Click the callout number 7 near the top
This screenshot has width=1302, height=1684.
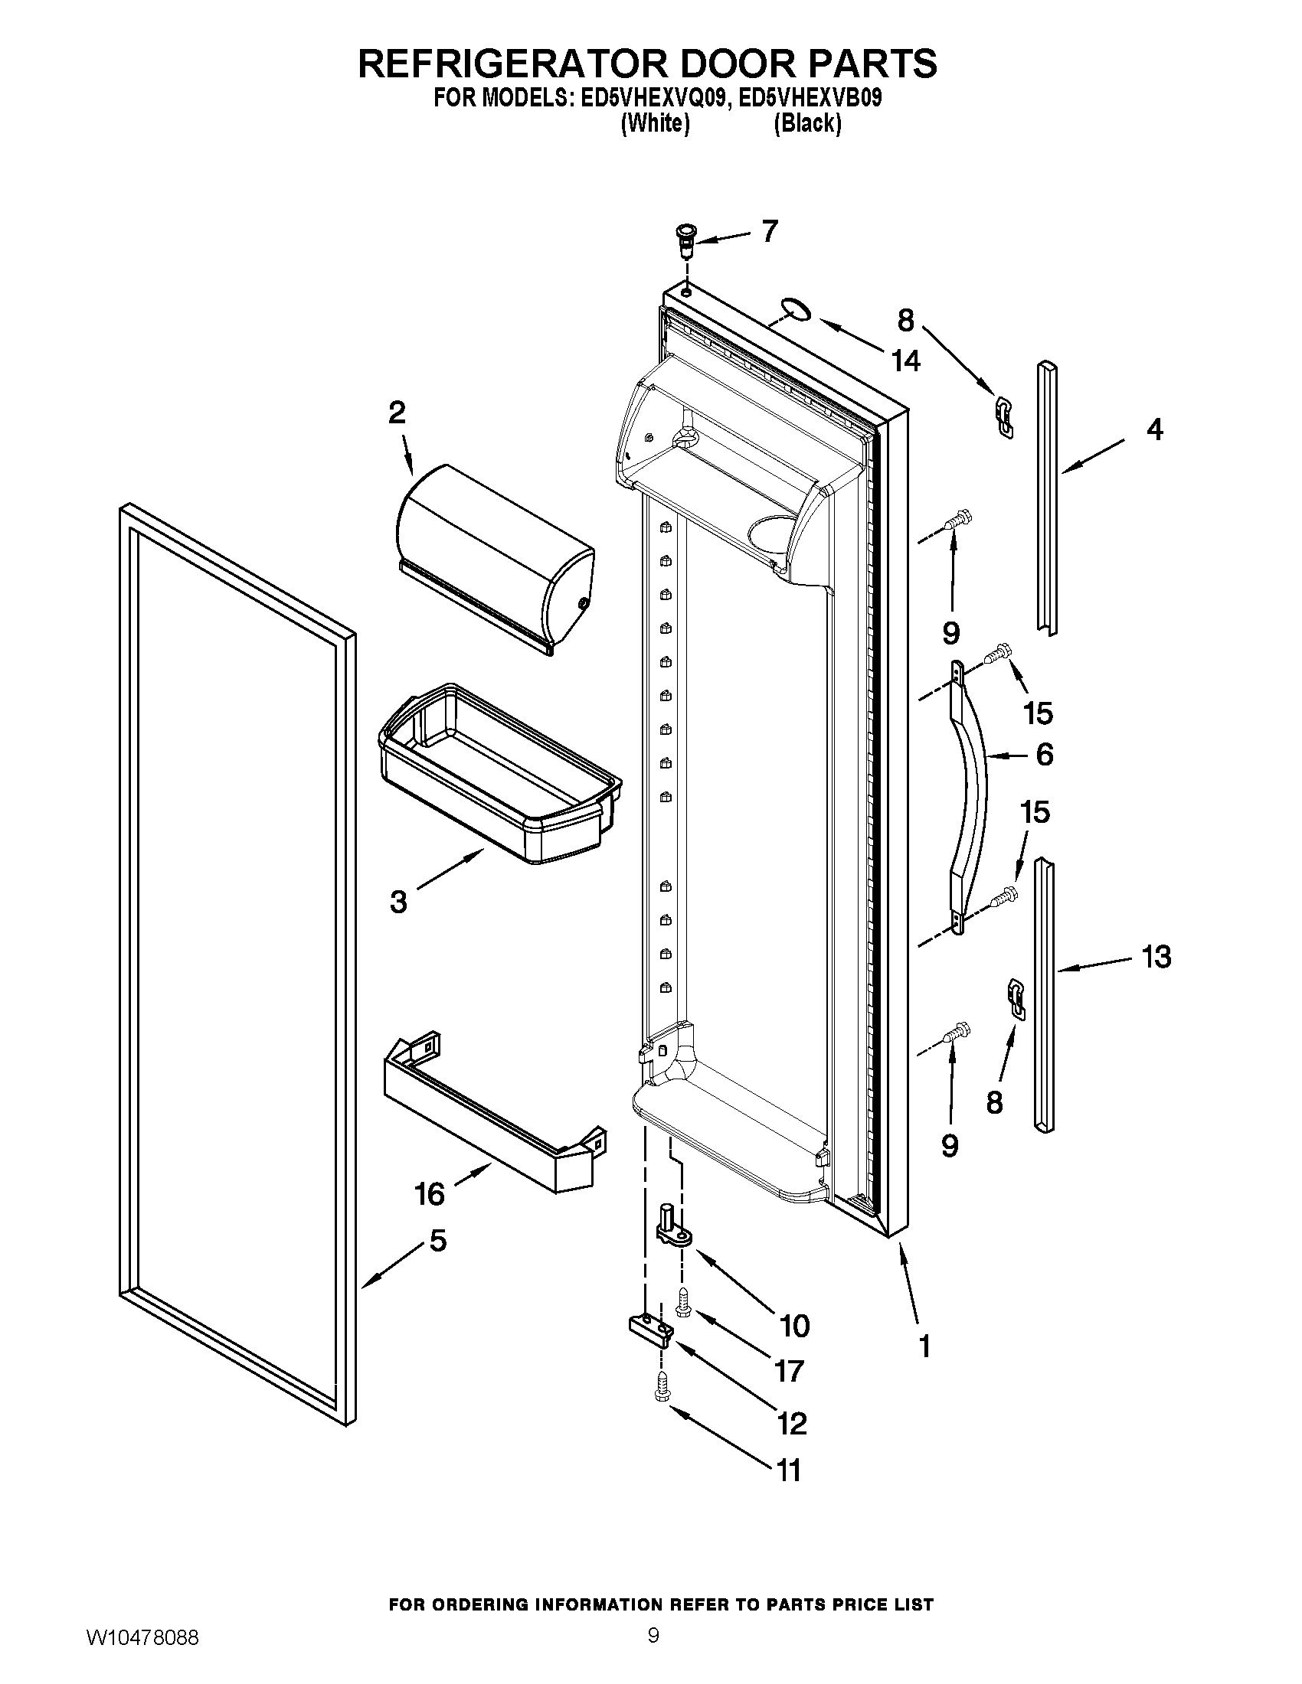tap(769, 231)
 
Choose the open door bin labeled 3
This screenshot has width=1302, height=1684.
tap(500, 772)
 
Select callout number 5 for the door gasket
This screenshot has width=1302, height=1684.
tap(437, 1241)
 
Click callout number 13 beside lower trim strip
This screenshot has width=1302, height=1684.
tap(1156, 957)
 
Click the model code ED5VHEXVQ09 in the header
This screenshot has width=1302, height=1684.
tap(649, 99)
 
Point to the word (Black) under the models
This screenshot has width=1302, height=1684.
tap(806, 123)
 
